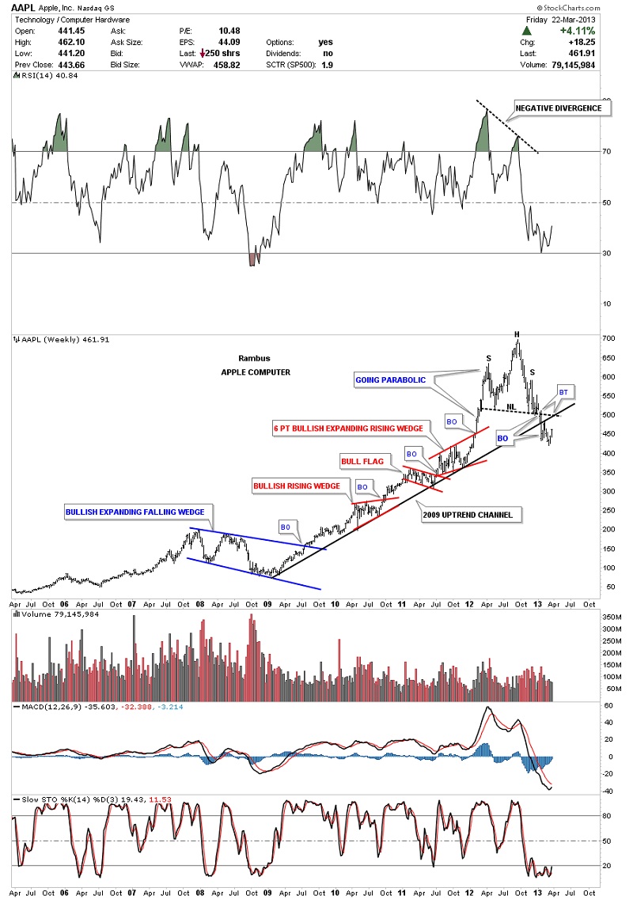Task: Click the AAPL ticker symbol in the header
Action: pyautogui.click(x=24, y=7)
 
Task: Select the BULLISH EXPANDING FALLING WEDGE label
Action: pyautogui.click(x=135, y=512)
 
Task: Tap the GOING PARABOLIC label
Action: pyautogui.click(x=391, y=380)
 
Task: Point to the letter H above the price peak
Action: pyautogui.click(x=517, y=335)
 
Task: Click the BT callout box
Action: pyautogui.click(x=563, y=392)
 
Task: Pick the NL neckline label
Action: pyautogui.click(x=510, y=407)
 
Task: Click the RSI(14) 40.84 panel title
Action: pyautogui.click(x=40, y=76)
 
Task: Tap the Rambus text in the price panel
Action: pyautogui.click(x=250, y=357)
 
